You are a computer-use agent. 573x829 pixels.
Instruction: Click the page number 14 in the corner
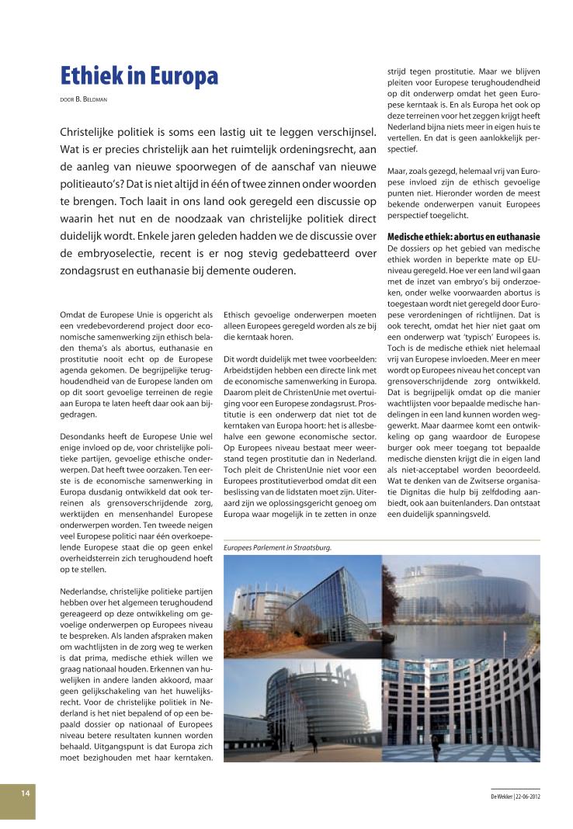click(x=26, y=793)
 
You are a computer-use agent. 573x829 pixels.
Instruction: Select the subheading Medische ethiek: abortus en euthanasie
click(x=463, y=236)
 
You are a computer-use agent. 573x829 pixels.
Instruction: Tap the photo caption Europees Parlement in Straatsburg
click(x=277, y=547)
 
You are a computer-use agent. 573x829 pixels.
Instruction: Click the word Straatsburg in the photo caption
click(x=312, y=547)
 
